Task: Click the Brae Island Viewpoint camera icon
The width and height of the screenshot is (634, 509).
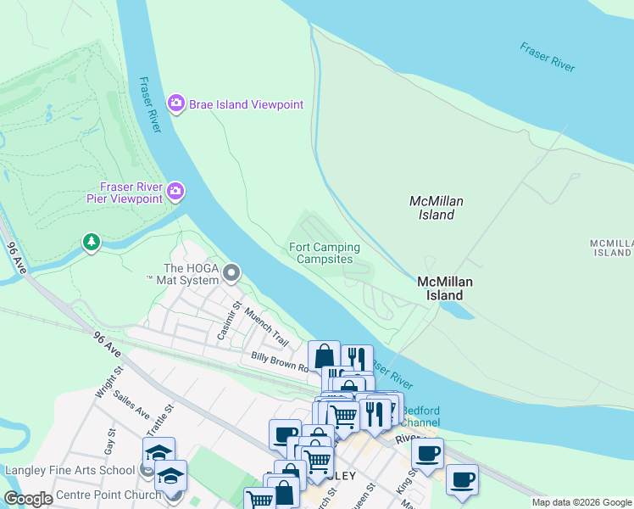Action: [x=175, y=104]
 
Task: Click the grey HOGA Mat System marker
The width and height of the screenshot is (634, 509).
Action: [x=232, y=273]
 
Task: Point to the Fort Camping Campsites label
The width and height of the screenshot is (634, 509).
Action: [x=325, y=253]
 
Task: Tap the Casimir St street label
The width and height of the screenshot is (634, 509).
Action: [x=226, y=322]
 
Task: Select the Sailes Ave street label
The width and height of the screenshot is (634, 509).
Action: [x=130, y=411]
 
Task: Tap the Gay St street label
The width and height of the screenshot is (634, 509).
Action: [x=109, y=439]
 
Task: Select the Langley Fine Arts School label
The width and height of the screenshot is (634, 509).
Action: [x=70, y=470]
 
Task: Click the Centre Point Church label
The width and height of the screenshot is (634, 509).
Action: [x=108, y=495]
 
